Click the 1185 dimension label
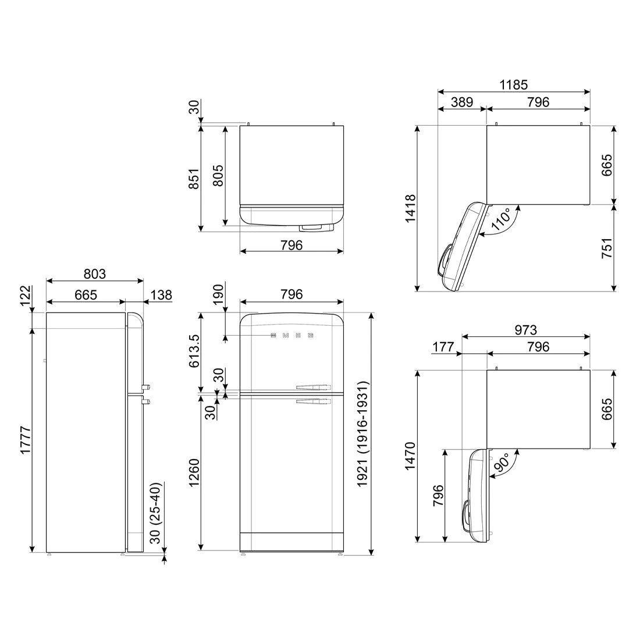[x=514, y=84]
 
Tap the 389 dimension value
[x=461, y=102]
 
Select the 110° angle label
[x=502, y=219]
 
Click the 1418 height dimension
[x=411, y=208]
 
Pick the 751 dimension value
[x=607, y=248]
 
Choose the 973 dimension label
[x=526, y=329]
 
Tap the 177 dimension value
[x=443, y=347]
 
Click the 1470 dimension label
[x=411, y=456]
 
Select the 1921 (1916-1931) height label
[x=363, y=434]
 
